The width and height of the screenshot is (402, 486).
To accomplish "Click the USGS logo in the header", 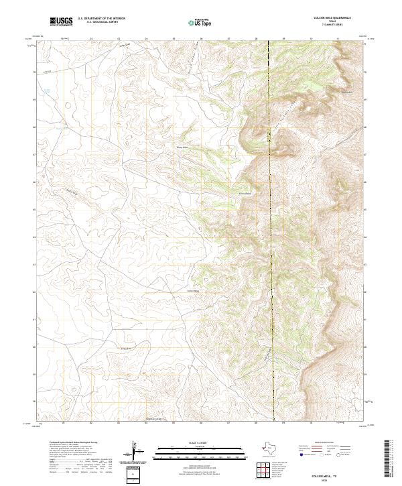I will [x=61, y=21].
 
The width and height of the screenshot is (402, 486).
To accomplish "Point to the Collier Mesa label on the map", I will [x=193, y=291].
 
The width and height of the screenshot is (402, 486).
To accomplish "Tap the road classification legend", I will [x=325, y=452].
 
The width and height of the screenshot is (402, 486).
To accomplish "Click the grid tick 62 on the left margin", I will [x=35, y=292].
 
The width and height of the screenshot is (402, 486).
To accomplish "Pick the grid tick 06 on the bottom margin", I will [x=200, y=424].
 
